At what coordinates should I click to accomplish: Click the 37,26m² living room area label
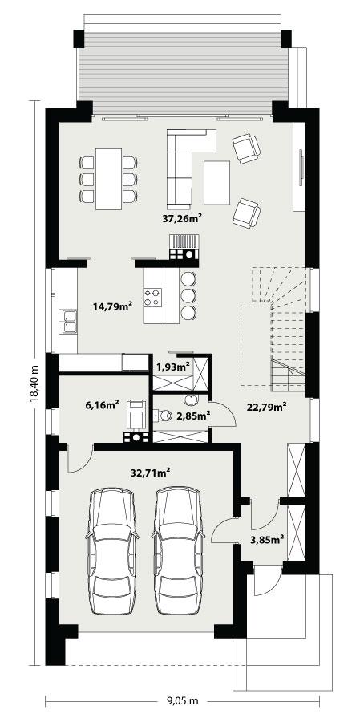coord(182,217)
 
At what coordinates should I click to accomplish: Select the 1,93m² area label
coord(172,367)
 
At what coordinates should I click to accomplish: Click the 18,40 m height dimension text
coord(34,383)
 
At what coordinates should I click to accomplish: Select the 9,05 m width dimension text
coord(183,700)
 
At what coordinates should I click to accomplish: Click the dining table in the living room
coord(109,178)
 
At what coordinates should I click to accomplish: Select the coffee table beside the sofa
coord(216,182)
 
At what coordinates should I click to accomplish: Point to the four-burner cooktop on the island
coord(152,298)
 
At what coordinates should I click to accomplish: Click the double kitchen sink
coord(68,320)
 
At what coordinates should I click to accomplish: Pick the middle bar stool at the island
coord(188,294)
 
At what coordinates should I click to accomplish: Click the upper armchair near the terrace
coord(246,148)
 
